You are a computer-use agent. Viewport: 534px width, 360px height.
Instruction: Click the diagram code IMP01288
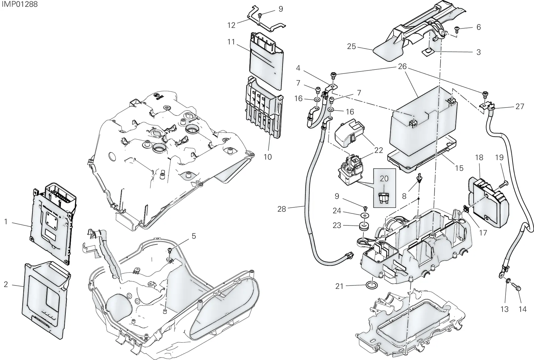point(20,4)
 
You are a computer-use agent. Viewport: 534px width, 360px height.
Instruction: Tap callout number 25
point(351,46)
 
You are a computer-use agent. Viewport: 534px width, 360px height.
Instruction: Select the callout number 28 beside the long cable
point(282,209)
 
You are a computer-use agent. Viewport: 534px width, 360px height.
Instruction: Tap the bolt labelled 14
point(516,288)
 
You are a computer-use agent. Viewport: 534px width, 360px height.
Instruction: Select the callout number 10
point(268,157)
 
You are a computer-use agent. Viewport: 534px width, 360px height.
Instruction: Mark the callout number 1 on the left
point(6,222)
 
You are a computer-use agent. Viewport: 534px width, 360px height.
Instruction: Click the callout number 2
point(6,285)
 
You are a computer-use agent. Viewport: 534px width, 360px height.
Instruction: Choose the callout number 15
point(459,168)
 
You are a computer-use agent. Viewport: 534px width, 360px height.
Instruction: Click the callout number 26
point(402,66)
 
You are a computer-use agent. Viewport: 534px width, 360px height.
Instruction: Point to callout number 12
point(231,25)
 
